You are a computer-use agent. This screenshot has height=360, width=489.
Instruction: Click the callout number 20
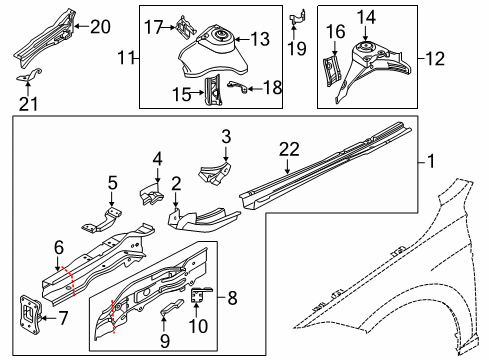100,26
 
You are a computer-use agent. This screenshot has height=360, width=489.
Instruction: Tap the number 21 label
28,104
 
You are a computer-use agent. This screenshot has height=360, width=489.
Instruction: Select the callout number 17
153,27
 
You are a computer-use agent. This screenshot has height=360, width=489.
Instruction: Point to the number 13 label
260,39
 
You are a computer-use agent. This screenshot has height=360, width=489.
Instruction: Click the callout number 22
289,149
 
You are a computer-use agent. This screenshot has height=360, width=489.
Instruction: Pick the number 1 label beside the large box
431,161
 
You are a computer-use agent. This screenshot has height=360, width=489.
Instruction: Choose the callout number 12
435,59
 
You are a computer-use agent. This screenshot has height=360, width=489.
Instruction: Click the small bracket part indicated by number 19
297,18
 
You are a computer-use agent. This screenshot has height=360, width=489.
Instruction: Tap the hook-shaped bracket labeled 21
29,75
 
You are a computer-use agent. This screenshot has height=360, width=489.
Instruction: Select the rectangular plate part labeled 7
31,314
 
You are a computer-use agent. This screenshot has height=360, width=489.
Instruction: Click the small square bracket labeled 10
200,294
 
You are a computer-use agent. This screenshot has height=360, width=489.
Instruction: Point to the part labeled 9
172,306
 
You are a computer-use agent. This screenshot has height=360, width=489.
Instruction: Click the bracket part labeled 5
102,221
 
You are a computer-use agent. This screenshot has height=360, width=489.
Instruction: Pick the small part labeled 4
151,195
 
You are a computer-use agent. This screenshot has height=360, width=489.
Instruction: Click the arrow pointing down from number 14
366,35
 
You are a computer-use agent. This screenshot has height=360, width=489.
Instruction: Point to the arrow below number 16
335,48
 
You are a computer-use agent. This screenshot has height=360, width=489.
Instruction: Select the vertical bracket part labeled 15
213,90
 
